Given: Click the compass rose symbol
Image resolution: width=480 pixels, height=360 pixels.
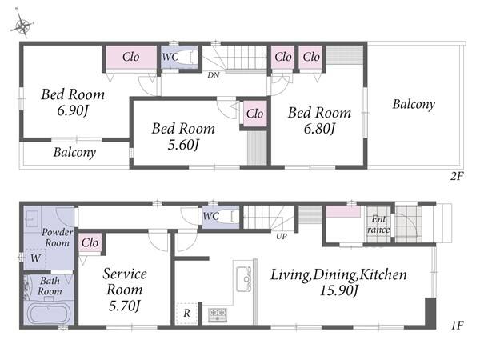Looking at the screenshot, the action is (22, 25).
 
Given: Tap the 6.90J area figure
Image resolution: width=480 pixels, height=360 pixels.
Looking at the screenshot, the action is (73, 110).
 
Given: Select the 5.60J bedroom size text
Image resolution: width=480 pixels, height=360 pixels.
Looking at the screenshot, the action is (183, 145).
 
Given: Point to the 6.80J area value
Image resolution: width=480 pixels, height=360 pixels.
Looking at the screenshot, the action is (319, 129).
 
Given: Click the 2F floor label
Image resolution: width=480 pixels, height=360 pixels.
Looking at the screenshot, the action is (457, 176).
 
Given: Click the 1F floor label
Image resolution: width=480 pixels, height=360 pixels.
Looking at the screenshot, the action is (457, 325).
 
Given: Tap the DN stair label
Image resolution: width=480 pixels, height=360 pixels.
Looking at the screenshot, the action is (214, 75).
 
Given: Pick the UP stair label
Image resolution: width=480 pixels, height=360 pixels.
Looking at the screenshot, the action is (281, 236).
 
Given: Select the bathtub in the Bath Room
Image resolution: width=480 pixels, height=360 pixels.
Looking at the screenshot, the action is (50, 313).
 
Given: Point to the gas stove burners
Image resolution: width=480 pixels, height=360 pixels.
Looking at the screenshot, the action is (218, 314).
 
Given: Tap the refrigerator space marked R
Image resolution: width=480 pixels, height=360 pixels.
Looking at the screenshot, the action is (186, 313).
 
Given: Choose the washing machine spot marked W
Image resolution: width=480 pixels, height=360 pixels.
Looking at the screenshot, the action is (35, 258).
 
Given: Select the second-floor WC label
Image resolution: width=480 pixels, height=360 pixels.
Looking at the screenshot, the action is (170, 57).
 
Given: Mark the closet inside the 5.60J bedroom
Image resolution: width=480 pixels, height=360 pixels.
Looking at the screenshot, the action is (254, 114).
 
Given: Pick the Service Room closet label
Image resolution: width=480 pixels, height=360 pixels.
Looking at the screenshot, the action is (90, 242).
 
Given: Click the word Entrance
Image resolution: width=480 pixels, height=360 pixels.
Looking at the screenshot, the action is (378, 224).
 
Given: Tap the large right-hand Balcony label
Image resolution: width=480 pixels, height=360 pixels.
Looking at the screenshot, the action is (414, 104).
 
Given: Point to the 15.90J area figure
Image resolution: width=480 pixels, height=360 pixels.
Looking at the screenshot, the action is (338, 290).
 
